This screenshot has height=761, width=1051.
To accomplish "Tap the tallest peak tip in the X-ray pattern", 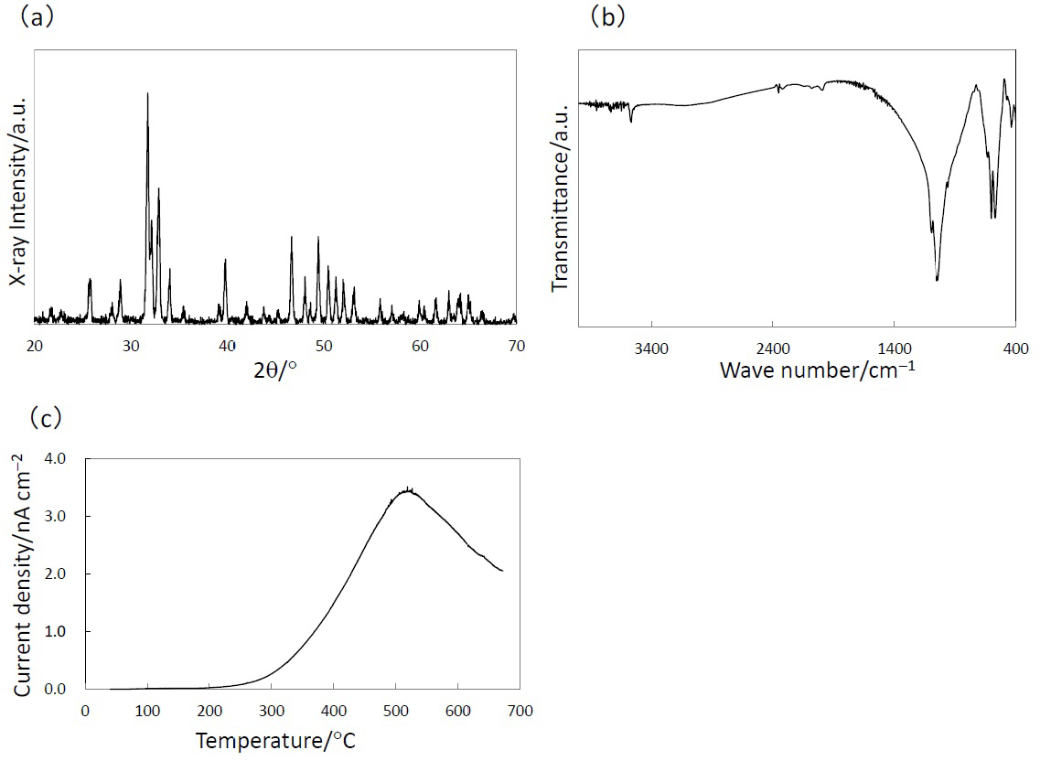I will click(x=147, y=93).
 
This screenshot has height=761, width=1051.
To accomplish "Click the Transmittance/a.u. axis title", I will click(x=561, y=197).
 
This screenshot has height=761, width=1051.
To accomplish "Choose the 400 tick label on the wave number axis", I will click(x=1015, y=348).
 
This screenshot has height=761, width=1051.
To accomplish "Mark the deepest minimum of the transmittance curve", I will click(x=938, y=280).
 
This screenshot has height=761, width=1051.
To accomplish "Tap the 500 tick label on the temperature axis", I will click(x=395, y=710).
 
